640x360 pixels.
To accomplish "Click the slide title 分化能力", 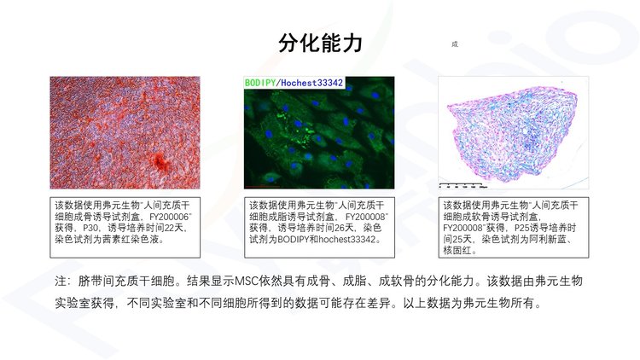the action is [x=320, y=43].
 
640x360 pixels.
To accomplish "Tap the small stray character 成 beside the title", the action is [x=455, y=44].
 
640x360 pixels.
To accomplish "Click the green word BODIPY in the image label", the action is [x=260, y=83].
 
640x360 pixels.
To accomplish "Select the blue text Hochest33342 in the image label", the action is [x=311, y=83].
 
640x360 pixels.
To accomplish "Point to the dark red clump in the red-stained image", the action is [x=160, y=162].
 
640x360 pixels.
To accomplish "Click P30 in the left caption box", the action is [x=90, y=228].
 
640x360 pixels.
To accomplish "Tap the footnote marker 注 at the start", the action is [x=61, y=281].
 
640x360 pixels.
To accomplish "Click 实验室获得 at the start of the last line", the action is [x=84, y=303].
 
